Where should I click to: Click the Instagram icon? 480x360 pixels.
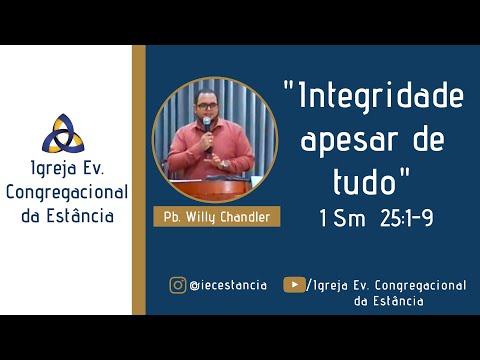click(x=177, y=285)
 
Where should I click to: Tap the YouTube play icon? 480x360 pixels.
click(x=294, y=285)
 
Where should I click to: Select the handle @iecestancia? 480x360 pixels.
click(x=228, y=285)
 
